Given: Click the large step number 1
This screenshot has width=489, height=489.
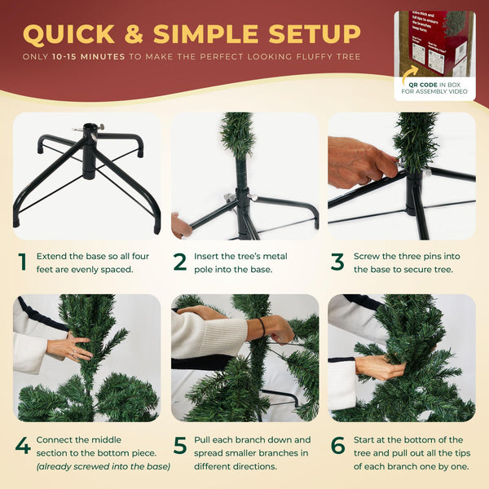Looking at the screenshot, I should pyautogui.click(x=23, y=262).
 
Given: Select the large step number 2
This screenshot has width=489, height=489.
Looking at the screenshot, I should pyautogui.click(x=180, y=262).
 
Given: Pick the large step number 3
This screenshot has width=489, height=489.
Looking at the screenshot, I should pyautogui.click(x=337, y=262).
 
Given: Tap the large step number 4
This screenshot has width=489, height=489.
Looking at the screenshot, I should pyautogui.click(x=23, y=446).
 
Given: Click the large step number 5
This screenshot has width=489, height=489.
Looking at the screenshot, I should pyautogui.click(x=180, y=446).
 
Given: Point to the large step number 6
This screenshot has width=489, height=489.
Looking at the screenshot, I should pyautogui.click(x=337, y=446).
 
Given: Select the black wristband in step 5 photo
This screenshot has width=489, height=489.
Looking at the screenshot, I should pyautogui.click(x=262, y=328).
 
